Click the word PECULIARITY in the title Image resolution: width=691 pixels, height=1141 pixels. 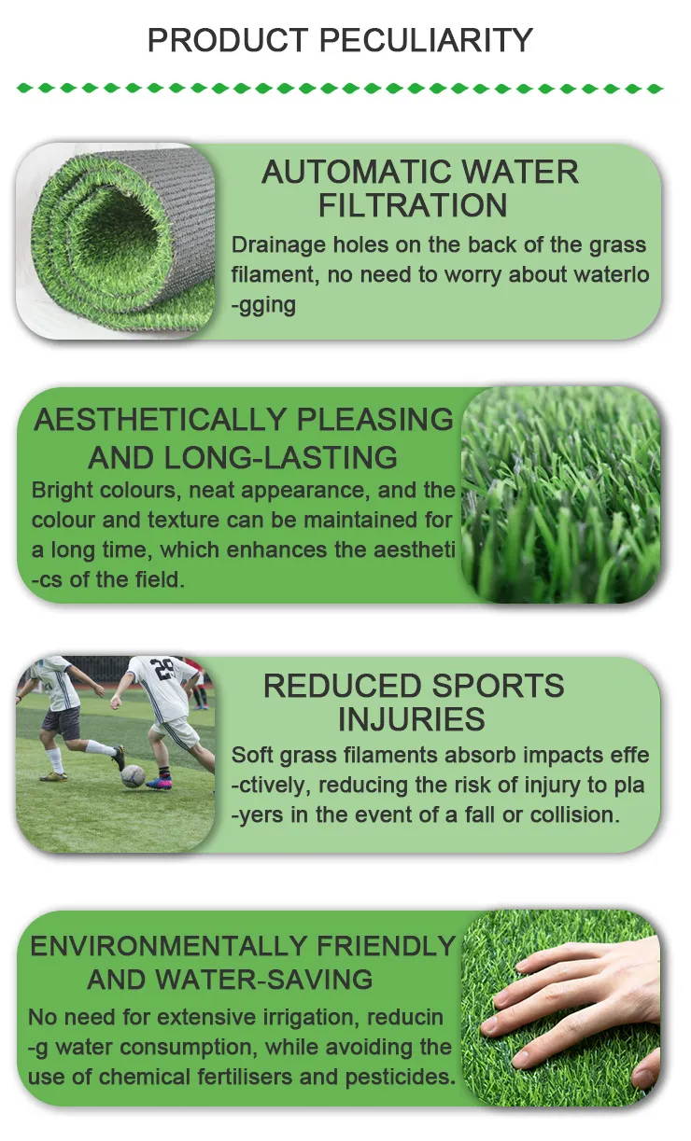point(427,40)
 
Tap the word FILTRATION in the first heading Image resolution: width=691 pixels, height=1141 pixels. point(413,205)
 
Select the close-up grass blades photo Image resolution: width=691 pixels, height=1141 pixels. point(561,494)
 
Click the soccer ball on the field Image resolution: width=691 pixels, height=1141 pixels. point(133,775)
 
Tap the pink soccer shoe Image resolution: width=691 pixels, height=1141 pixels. point(160,782)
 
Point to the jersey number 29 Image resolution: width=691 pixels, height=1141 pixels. point(164,669)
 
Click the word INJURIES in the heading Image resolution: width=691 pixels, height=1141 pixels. point(412,719)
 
